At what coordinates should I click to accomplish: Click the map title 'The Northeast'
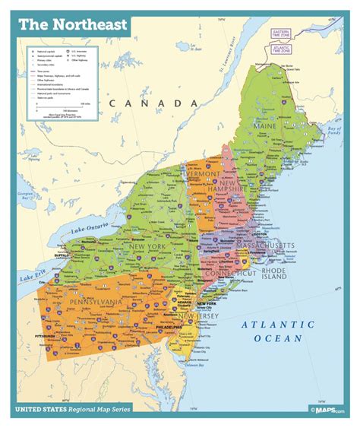pos(62,25)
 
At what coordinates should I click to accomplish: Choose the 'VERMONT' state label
pos(204,174)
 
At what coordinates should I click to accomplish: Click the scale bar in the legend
pos(73,105)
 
